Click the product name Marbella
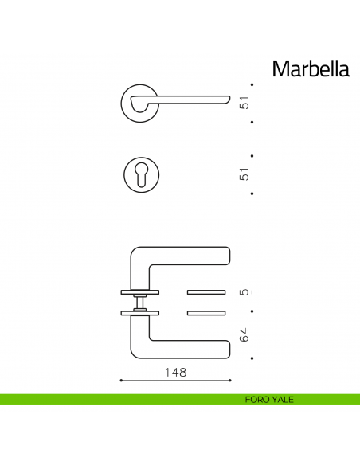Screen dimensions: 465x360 point(310,69)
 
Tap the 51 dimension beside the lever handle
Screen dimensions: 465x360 point(245,103)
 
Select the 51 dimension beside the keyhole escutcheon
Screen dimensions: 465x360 point(245,174)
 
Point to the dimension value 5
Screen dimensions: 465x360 point(245,291)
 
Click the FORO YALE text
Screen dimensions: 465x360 point(269,400)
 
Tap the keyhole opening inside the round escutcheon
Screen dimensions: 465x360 point(143,174)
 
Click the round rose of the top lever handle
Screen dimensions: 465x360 point(137,102)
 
